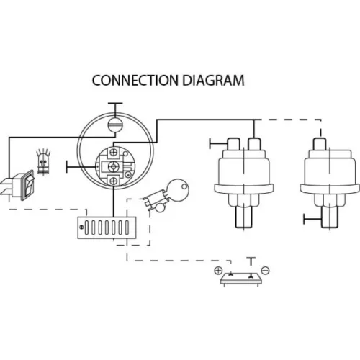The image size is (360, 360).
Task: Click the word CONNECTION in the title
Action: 135,81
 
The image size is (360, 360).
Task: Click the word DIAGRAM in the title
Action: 213,81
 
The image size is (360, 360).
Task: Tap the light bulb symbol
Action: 43,161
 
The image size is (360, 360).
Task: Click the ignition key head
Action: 178,189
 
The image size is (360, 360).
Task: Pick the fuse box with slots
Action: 107,228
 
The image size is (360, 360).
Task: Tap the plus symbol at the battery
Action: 218,271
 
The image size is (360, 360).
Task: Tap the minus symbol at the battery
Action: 265,271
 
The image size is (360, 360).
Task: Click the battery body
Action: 241,279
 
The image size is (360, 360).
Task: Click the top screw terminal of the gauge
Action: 114,153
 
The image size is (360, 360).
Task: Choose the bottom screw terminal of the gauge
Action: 114,181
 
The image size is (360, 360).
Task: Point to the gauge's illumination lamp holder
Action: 115,125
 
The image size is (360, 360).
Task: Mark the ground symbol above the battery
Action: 251,261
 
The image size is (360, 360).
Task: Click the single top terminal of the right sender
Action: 320,143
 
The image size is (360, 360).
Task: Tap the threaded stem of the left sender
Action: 243,217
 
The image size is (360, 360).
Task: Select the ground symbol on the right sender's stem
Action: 312,219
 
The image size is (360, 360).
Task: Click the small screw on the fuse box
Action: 81,227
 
